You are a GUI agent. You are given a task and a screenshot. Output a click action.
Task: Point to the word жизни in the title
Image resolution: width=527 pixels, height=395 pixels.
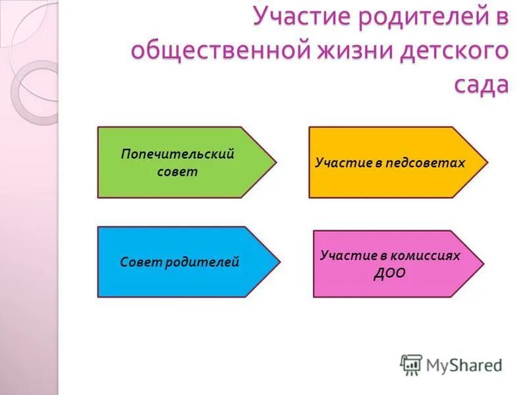363,51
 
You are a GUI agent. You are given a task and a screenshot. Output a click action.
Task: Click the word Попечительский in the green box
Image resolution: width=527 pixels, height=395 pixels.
177,154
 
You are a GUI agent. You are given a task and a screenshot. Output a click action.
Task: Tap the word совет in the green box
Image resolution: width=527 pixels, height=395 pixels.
177,172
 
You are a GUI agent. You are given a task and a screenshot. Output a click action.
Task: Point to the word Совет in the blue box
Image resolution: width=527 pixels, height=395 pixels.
140,262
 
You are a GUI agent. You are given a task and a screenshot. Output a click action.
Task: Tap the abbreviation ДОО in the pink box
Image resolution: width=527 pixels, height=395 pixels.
389,272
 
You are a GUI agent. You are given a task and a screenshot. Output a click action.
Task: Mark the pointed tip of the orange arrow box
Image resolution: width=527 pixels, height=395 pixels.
487,162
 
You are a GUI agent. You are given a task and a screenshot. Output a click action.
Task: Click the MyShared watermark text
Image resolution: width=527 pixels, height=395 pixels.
464,364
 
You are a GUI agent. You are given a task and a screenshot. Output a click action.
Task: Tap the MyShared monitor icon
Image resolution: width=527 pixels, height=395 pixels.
411,364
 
